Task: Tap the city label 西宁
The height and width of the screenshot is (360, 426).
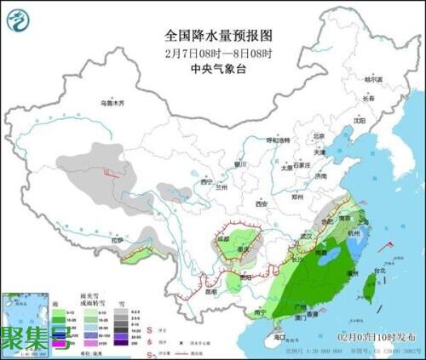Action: (x=204, y=181)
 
